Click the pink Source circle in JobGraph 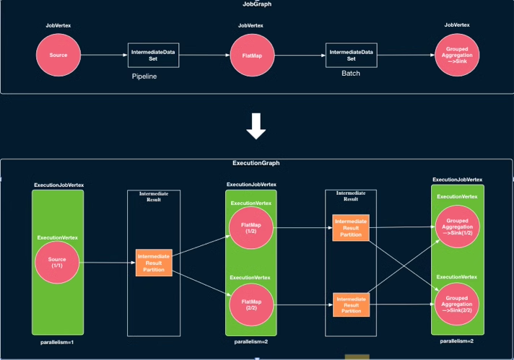coord(58,55)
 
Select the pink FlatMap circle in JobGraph coord(252,56)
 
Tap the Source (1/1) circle coord(57,263)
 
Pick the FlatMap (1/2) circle coord(251,228)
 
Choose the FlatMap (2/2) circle coord(251,305)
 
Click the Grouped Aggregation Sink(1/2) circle coord(457,227)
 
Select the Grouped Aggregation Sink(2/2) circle coord(457,304)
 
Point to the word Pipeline coord(144,76)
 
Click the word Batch coord(351,74)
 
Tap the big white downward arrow coord(256,126)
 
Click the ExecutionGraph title coord(256,163)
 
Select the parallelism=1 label coord(57,342)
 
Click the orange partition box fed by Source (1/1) coord(154,263)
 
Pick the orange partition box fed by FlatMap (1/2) coord(351,228)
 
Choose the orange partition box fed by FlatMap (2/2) coord(351,305)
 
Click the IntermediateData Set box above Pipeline coord(154,56)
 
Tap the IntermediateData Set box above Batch coord(352,56)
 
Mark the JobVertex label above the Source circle coord(58,25)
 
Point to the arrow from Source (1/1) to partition coord(108,263)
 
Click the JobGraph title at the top coord(257,4)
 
